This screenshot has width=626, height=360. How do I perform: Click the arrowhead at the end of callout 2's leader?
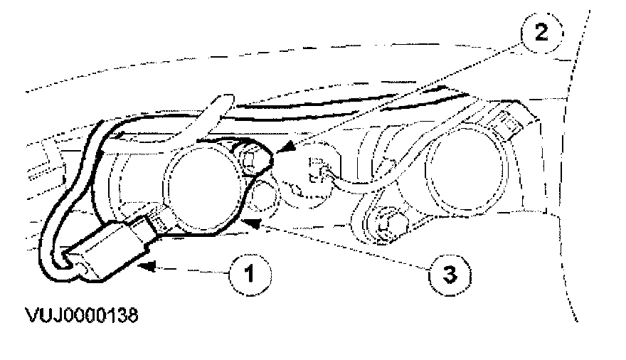[280, 149]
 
